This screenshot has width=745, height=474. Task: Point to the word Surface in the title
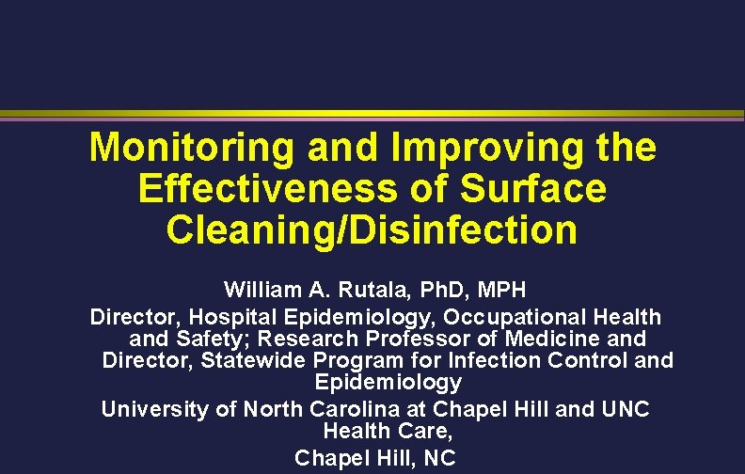pyautogui.click(x=533, y=188)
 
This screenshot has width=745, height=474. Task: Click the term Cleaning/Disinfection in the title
pyautogui.click(x=372, y=229)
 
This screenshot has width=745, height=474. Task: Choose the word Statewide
pyautogui.click(x=254, y=360)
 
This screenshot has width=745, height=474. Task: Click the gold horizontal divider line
pyautogui.click(x=372, y=115)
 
